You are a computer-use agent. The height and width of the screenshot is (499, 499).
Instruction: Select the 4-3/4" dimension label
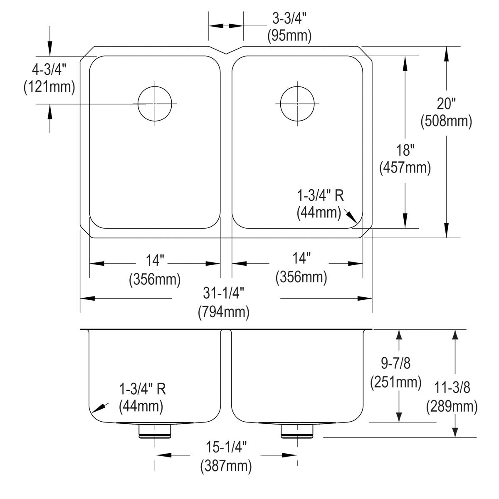[49, 69]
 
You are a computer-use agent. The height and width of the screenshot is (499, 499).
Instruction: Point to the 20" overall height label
[446, 103]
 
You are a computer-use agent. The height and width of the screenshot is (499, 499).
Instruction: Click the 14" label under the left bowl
[155, 261]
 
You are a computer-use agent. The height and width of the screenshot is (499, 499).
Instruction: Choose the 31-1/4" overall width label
[223, 294]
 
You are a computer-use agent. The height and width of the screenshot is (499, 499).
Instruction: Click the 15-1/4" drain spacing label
[226, 448]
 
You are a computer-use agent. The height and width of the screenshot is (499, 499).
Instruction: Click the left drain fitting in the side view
[155, 431]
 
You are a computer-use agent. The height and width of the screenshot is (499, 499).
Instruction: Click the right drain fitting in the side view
[297, 431]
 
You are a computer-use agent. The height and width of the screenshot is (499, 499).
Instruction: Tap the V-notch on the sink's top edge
[225, 52]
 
